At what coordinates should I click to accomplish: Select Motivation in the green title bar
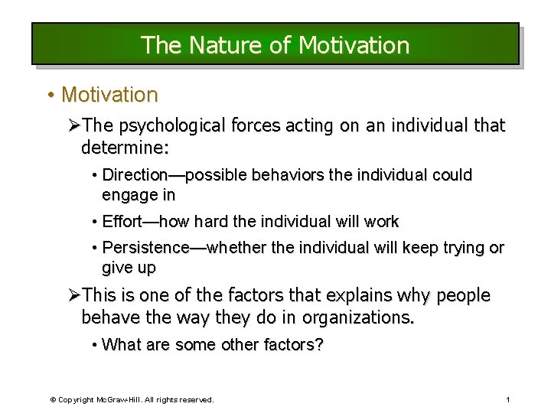(354, 45)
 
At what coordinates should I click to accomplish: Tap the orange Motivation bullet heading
(109, 95)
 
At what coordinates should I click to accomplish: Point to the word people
(463, 295)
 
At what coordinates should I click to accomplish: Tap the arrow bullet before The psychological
(74, 125)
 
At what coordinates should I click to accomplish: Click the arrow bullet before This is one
(74, 295)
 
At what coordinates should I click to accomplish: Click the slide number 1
(507, 400)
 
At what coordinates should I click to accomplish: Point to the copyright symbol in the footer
(53, 400)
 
